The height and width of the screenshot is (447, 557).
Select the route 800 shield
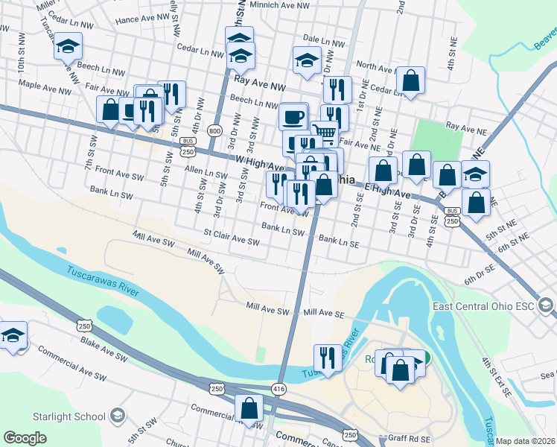pyautogui.click(x=215, y=130)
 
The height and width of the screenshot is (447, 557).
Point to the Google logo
pyautogui.click(x=25, y=438)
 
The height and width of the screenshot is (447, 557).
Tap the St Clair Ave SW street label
pyautogui.click(x=232, y=241)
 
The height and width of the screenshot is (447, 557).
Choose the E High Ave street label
pyautogui.click(x=387, y=193)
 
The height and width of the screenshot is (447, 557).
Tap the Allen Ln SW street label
pyautogui.click(x=206, y=174)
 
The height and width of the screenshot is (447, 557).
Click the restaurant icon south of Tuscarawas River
pyautogui.click(x=328, y=356)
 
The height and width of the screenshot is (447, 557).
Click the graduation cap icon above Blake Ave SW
pyautogui.click(x=13, y=335)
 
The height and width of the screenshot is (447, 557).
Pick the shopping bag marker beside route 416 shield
pyautogui.click(x=249, y=408)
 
